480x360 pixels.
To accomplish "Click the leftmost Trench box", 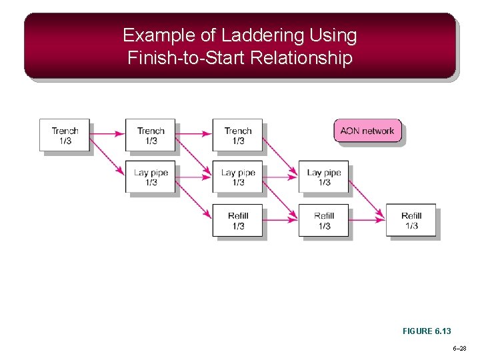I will [x=64, y=135].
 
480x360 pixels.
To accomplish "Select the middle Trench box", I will [x=150, y=135].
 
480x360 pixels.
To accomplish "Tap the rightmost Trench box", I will [x=237, y=135].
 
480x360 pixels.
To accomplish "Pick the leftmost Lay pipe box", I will [x=150, y=177].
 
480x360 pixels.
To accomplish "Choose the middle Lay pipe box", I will [x=237, y=177].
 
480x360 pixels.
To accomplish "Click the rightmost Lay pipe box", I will [x=323, y=177].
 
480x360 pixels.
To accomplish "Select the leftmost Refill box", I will [x=237, y=220].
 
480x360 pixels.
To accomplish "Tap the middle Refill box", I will [x=323, y=220].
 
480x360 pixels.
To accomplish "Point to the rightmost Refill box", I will [x=411, y=220].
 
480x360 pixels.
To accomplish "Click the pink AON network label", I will [x=367, y=131].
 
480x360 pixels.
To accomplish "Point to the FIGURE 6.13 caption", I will [x=427, y=331].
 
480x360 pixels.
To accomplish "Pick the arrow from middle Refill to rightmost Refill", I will [x=367, y=215].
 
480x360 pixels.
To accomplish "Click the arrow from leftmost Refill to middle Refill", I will [x=281, y=215].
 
